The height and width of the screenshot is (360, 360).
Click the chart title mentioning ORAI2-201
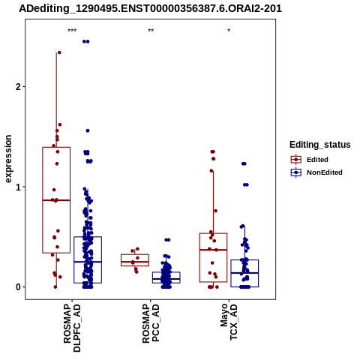(x=150, y=9)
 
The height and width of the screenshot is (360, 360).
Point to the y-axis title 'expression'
(x=8, y=159)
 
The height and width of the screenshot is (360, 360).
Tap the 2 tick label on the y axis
(x=18, y=87)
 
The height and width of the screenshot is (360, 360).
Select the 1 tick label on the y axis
(x=18, y=187)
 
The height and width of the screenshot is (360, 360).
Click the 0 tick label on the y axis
(x=18, y=287)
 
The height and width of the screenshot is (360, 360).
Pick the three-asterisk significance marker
(x=72, y=31)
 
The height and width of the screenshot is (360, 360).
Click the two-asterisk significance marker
(x=151, y=31)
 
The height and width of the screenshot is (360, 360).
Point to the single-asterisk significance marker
(x=229, y=31)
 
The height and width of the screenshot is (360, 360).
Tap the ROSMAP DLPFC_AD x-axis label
(x=72, y=328)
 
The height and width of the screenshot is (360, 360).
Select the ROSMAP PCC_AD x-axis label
(x=151, y=323)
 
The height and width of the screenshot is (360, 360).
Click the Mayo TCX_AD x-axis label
(x=229, y=322)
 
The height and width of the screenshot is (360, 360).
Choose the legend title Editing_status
(x=320, y=145)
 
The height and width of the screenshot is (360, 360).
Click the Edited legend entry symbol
(x=296, y=160)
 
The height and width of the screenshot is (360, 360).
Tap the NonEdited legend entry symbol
(x=296, y=172)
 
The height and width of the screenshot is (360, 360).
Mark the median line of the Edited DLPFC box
(x=56, y=200)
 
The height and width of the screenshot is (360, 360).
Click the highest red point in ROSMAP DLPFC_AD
(x=59, y=52)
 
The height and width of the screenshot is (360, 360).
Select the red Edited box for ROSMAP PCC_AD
(x=135, y=260)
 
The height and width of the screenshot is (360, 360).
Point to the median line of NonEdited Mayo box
(x=244, y=273)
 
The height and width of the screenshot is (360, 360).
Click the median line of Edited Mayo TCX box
(x=213, y=250)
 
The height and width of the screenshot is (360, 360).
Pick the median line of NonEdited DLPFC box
(x=88, y=262)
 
